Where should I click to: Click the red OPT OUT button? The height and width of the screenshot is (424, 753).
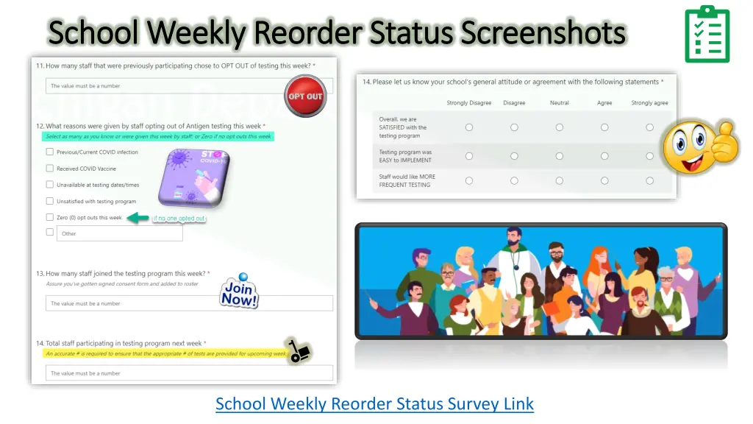305,96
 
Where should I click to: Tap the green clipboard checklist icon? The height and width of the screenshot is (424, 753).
707,35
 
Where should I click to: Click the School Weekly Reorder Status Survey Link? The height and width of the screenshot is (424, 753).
374,403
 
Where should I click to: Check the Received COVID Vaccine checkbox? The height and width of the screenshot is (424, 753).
50,169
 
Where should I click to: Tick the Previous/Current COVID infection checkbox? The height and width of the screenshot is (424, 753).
50,152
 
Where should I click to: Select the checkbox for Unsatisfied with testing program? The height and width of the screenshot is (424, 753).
50,201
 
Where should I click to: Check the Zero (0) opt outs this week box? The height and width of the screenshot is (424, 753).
50,217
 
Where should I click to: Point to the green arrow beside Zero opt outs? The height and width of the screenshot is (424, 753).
138,217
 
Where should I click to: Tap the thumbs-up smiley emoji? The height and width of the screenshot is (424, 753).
699,146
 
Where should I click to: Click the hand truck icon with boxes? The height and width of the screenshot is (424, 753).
299,352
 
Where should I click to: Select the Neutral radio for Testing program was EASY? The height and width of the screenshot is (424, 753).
559,156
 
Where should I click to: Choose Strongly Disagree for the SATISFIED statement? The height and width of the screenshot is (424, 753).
469,127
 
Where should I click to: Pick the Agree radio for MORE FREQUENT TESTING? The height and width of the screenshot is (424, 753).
604,180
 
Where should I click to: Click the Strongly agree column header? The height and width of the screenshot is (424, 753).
649,103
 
